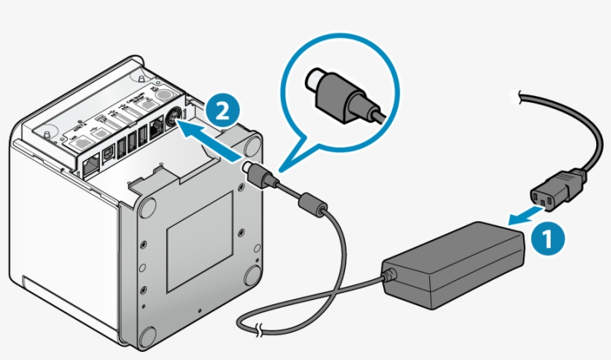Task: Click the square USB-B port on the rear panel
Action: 110,151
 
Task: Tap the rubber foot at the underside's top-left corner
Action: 145,206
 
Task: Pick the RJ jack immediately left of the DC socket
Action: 155,128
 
